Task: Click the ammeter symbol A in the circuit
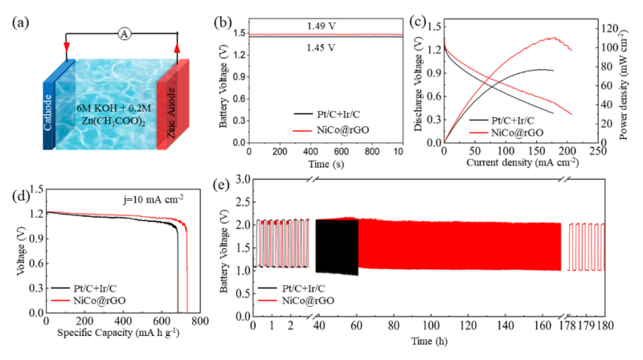pyautogui.click(x=124, y=33)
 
